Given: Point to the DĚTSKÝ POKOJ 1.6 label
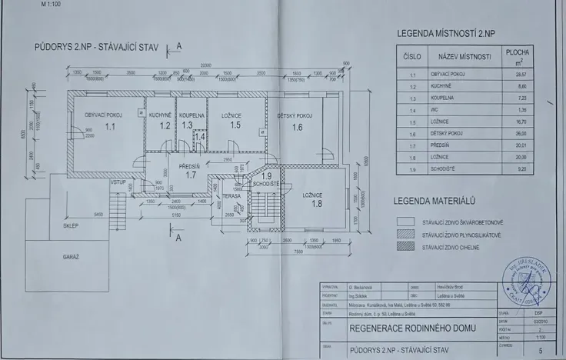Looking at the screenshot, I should pyautogui.click(x=296, y=121).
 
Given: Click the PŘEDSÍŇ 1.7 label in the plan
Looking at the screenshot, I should pyautogui.click(x=191, y=170).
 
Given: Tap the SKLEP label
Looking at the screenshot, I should pyautogui.click(x=72, y=226).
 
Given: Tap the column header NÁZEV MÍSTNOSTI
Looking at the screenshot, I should pyautogui.click(x=464, y=57).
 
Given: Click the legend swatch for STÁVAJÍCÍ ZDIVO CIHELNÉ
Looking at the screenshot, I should pyautogui.click(x=405, y=248).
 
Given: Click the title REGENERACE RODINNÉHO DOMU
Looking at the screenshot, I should pyautogui.click(x=412, y=328).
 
